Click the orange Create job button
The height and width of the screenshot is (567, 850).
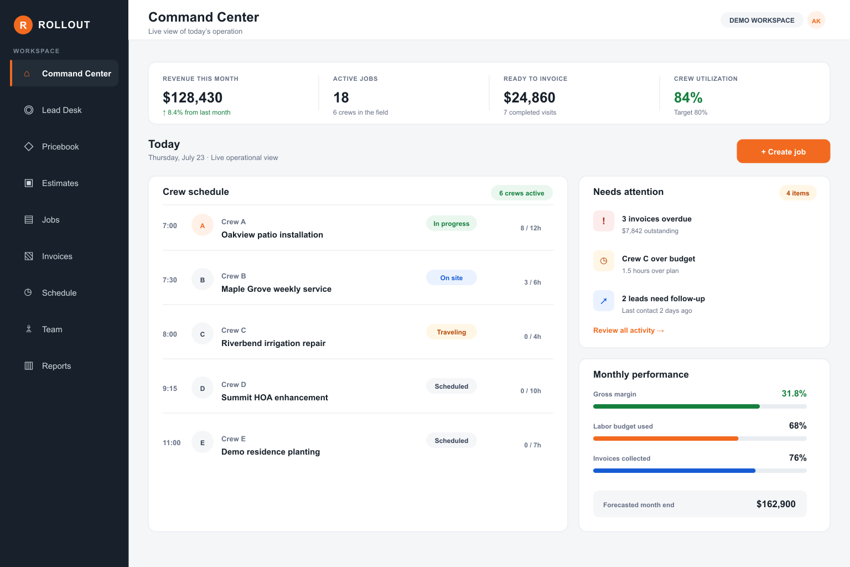[783, 151]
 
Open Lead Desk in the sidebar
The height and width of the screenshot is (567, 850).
[62, 110]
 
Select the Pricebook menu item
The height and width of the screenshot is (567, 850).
[60, 147]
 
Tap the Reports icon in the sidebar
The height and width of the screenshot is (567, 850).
[29, 365]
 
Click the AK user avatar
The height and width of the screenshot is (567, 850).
[816, 20]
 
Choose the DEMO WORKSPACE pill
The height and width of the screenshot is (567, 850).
[761, 20]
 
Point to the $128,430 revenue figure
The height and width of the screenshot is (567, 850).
[193, 97]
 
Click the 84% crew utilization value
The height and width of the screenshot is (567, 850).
[688, 97]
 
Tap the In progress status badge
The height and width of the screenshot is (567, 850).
[451, 223]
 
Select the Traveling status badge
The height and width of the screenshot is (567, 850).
[451, 332]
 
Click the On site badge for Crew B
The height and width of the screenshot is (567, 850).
[451, 277]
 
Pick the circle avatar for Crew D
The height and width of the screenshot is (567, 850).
[202, 388]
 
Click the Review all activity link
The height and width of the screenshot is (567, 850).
[629, 331]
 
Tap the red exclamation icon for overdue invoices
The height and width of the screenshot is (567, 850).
[603, 221]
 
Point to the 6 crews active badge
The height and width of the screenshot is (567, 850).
[521, 193]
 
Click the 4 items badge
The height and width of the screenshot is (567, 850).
[797, 193]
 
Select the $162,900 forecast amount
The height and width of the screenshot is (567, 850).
[776, 504]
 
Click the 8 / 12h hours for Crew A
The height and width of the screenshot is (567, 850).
[531, 228]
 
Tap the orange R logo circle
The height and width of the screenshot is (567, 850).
[23, 25]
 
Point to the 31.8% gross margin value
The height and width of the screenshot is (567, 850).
[794, 394]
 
